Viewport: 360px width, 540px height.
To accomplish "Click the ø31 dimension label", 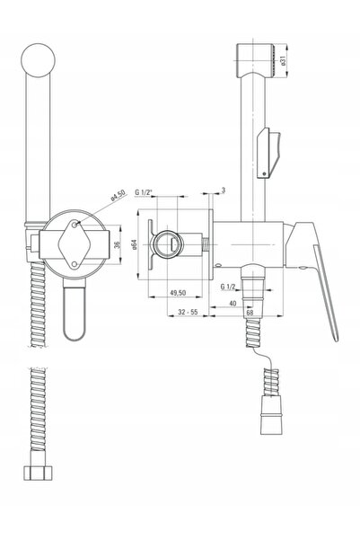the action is tap(283, 60).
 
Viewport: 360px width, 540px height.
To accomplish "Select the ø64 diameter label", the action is tap(134, 244).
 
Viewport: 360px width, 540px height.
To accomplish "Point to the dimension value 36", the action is tap(117, 245).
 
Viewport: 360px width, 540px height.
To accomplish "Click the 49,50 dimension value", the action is tap(178, 293).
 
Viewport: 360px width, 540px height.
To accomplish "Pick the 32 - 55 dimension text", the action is tap(188, 312).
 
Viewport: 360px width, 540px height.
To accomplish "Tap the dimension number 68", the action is tap(250, 313).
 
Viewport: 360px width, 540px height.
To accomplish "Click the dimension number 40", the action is tap(233, 303).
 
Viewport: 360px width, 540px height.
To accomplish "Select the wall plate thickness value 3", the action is tap(224, 190).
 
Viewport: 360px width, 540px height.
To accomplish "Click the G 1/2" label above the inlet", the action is tap(143, 192).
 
